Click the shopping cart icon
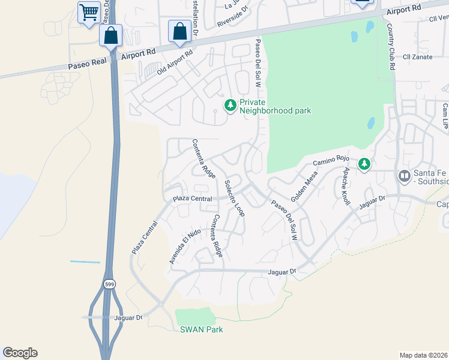89,11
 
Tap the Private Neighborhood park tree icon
229,106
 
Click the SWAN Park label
201,329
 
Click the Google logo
20,353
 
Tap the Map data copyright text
424,355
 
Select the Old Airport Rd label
174,62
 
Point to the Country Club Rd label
390,47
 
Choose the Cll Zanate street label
418,56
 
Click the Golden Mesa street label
304,185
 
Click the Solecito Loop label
234,198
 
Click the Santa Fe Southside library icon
403,176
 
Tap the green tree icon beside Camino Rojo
364,163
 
